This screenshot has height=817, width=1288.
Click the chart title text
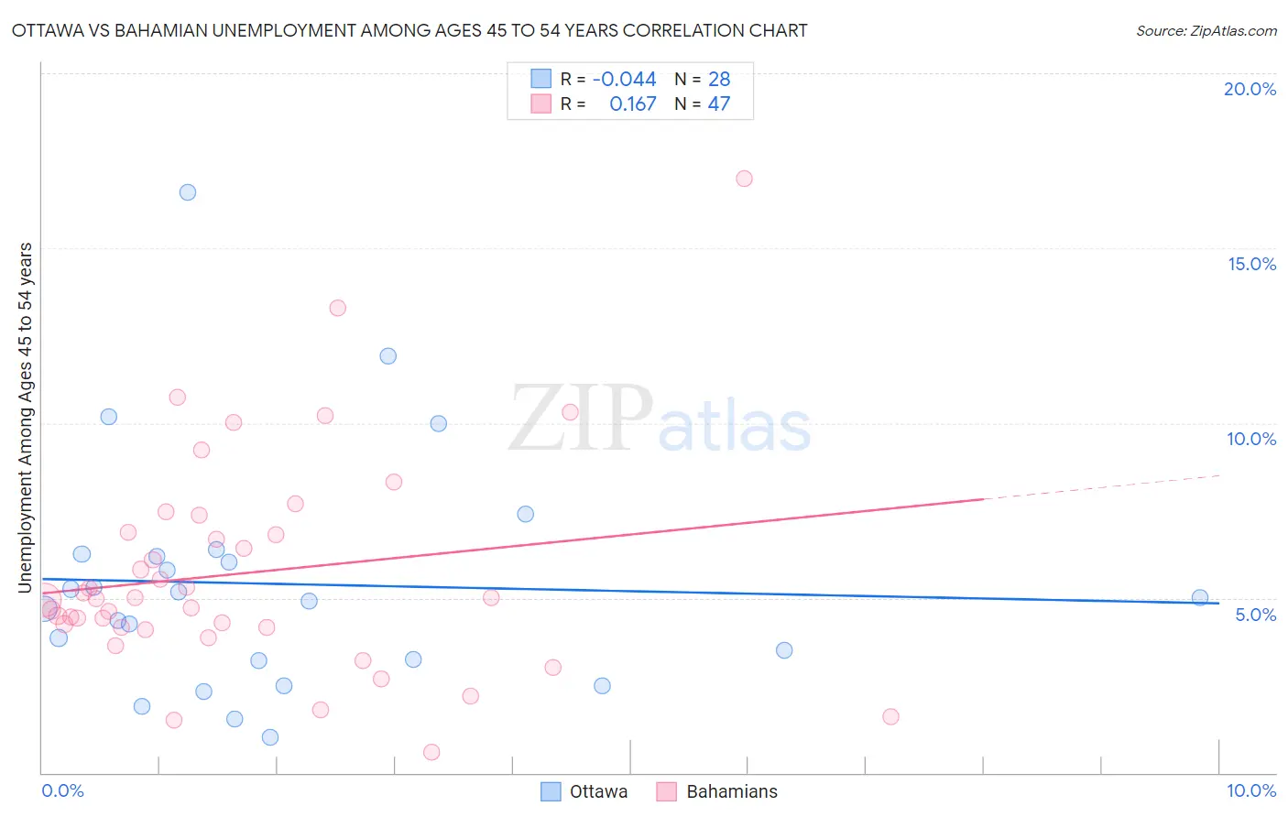(x=409, y=30)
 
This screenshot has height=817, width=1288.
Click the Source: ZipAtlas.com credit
(x=1206, y=30)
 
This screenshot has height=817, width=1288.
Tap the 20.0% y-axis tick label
(x=1250, y=89)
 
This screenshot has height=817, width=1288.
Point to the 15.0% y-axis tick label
(x=1251, y=264)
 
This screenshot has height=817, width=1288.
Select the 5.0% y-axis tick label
(x=1255, y=615)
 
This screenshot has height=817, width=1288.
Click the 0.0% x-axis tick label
(x=62, y=790)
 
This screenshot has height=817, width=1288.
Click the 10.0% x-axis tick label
(x=1250, y=790)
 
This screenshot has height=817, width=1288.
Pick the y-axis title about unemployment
(x=25, y=417)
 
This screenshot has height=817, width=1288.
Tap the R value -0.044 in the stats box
(x=624, y=80)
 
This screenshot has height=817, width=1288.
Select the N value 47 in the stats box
(x=718, y=104)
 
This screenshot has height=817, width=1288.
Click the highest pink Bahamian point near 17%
(x=744, y=179)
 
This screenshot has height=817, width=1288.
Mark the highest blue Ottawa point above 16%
(x=188, y=192)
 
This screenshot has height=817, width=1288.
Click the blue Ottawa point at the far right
(x=1200, y=597)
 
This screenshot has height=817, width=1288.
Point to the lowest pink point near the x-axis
(x=431, y=752)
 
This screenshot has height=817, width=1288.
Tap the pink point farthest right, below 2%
(x=890, y=716)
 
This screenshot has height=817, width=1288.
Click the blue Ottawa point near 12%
(x=388, y=356)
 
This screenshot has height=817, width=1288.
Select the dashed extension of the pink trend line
(x=1099, y=487)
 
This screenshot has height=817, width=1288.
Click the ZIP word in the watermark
(x=580, y=419)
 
